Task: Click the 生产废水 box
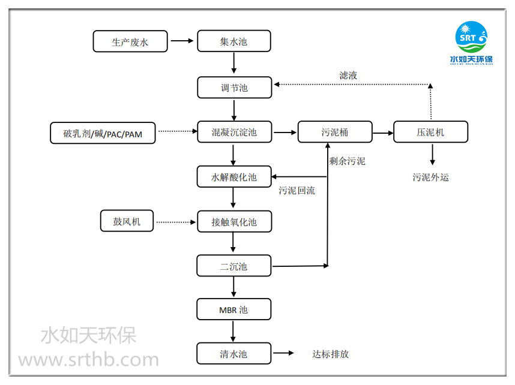tap(130, 41)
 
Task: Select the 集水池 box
tap(233, 41)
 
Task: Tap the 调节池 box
tap(233, 88)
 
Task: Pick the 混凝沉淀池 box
tap(233, 132)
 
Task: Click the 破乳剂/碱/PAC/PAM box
tap(103, 134)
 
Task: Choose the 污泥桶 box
tap(334, 132)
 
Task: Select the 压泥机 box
tap(430, 132)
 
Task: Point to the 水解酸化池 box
tap(233, 177)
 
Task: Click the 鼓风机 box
tap(127, 221)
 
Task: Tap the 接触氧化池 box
tap(233, 221)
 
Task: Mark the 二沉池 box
tap(233, 266)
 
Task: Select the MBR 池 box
tap(233, 310)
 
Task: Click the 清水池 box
tap(233, 354)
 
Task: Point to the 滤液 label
tap(348, 76)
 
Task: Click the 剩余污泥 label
tap(347, 161)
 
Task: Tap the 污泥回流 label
tap(297, 191)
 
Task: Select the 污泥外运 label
tap(430, 177)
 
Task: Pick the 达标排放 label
tap(330, 354)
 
